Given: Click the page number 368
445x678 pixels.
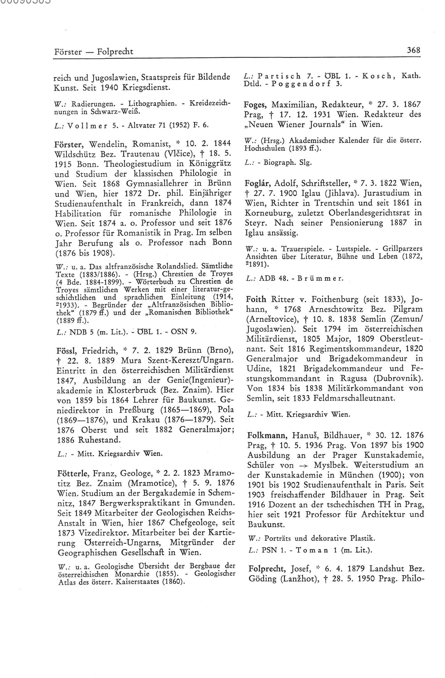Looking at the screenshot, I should pos(413,50).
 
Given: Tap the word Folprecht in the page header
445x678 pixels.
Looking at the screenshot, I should pos(115,52).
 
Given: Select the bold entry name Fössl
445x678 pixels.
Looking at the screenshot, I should pos(67,350).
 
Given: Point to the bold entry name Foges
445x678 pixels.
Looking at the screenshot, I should pos(255,105).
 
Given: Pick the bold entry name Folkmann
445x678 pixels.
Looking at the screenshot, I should pos(264,435).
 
